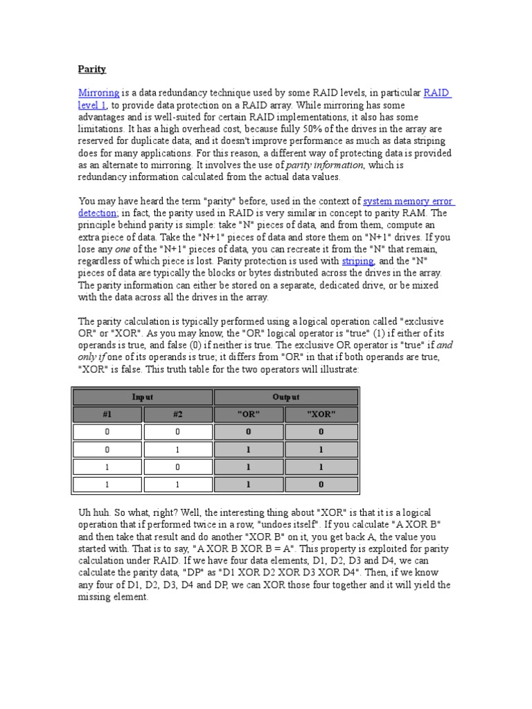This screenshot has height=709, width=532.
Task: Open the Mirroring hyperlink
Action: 98,93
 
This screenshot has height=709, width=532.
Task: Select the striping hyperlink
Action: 357,261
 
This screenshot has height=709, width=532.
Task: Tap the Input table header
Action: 143,397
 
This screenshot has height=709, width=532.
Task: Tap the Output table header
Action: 286,397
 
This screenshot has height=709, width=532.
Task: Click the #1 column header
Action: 107,414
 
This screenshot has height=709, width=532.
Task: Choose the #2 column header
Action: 177,414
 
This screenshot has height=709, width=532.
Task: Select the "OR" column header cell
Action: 248,414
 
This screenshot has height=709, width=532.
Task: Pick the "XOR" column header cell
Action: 321,414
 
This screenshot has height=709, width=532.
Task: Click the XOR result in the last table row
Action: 321,485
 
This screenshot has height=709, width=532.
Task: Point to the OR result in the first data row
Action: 248,431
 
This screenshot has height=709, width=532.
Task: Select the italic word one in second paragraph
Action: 123,249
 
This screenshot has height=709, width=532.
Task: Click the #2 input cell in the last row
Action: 177,485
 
